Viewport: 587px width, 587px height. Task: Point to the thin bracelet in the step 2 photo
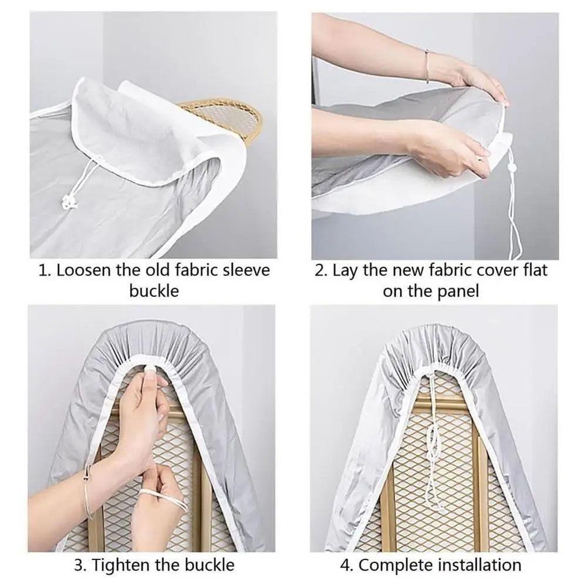(x=427, y=66)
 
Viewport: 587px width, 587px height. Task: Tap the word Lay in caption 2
(x=345, y=271)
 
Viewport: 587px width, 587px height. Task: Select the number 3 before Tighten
(x=78, y=565)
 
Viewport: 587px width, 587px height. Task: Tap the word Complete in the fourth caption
(x=391, y=565)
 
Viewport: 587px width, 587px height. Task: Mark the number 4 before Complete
(x=346, y=565)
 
